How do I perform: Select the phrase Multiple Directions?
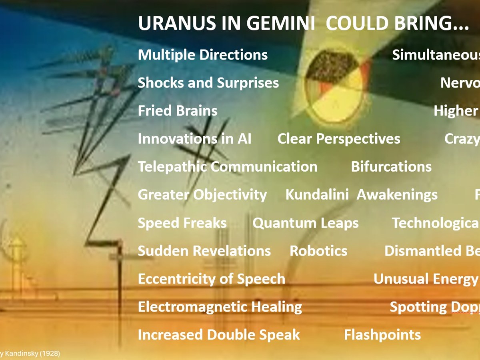202,55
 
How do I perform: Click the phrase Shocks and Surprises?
208,83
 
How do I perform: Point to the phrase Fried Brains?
178,111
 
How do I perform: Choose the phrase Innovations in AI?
194,139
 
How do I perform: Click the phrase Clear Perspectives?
338,139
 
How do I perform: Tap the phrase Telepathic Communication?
227,167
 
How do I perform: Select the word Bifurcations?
391,167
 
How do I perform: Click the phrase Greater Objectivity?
202,195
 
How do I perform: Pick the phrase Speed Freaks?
182,223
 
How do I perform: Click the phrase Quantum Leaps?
305,223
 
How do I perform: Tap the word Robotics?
318,251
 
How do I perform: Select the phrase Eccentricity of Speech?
211,279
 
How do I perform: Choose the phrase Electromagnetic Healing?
220,307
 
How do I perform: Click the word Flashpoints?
382,335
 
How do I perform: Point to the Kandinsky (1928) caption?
30,354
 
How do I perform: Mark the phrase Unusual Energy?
426,279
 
